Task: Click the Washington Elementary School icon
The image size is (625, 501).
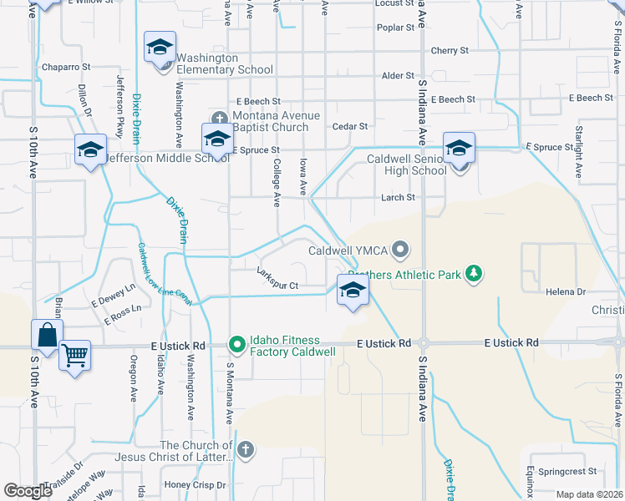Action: [x=160, y=48]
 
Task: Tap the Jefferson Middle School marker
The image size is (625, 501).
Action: [x=90, y=150]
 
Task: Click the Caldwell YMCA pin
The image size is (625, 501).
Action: [x=402, y=249]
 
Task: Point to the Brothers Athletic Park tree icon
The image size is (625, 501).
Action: [x=475, y=273]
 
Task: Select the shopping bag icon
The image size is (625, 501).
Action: [x=47, y=336]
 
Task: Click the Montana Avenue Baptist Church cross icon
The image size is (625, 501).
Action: [x=221, y=118]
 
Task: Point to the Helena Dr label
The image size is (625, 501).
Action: [x=567, y=291]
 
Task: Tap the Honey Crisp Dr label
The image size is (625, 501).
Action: [x=194, y=484]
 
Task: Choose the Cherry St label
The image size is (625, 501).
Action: [x=450, y=51]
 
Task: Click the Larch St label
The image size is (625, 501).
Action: [x=399, y=198]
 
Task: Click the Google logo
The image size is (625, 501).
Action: [x=28, y=491]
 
